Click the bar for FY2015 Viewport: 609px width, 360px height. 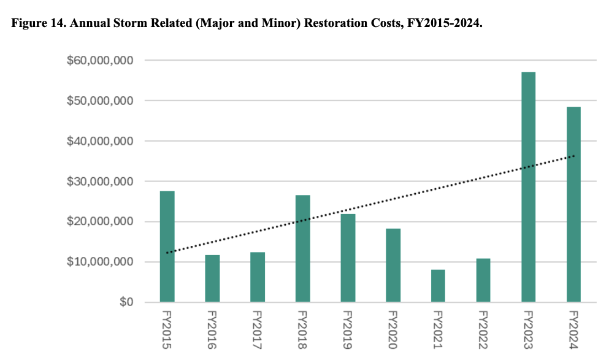[167, 247]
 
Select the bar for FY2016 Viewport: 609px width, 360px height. [212, 278]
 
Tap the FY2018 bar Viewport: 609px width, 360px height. [302, 248]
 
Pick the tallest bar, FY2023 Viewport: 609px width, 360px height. [528, 187]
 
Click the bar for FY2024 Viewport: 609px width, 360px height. [573, 204]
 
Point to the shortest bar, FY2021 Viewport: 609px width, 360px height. [438, 286]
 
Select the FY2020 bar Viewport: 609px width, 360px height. [393, 265]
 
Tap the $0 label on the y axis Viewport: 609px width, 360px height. [126, 302]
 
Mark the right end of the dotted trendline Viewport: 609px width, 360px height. [574, 156]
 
